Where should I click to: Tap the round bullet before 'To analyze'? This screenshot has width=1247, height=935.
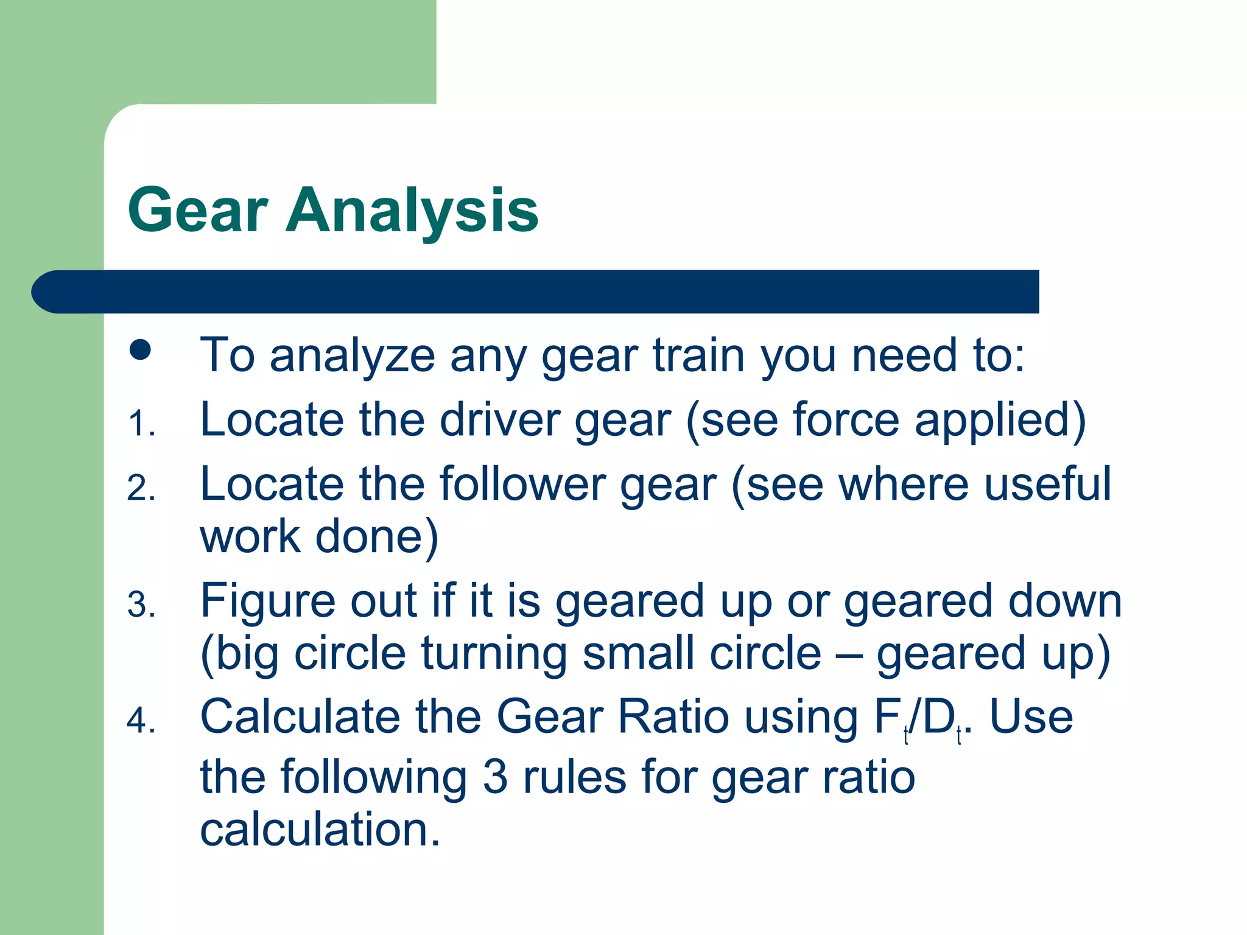(x=141, y=350)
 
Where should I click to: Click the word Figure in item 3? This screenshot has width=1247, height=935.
(x=267, y=601)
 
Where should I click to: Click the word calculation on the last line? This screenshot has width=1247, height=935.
(x=319, y=830)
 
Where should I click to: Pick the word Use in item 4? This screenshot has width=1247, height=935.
(x=1031, y=717)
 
